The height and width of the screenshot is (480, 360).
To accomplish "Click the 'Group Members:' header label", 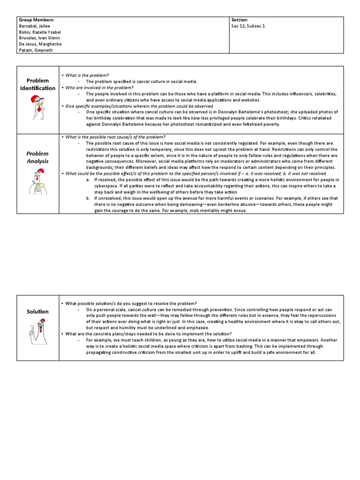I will point(36,20).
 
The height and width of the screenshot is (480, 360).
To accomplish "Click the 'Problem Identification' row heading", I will point(37,84).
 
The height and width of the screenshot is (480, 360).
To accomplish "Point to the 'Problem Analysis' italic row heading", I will point(37,157).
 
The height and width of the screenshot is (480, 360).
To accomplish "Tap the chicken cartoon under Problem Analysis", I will point(37,182).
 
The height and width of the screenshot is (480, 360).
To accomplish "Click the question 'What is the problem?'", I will point(87,75).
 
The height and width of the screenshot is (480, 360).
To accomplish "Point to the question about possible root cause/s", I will point(115,137).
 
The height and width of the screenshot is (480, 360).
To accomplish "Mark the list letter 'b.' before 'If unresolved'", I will point(88,198).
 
